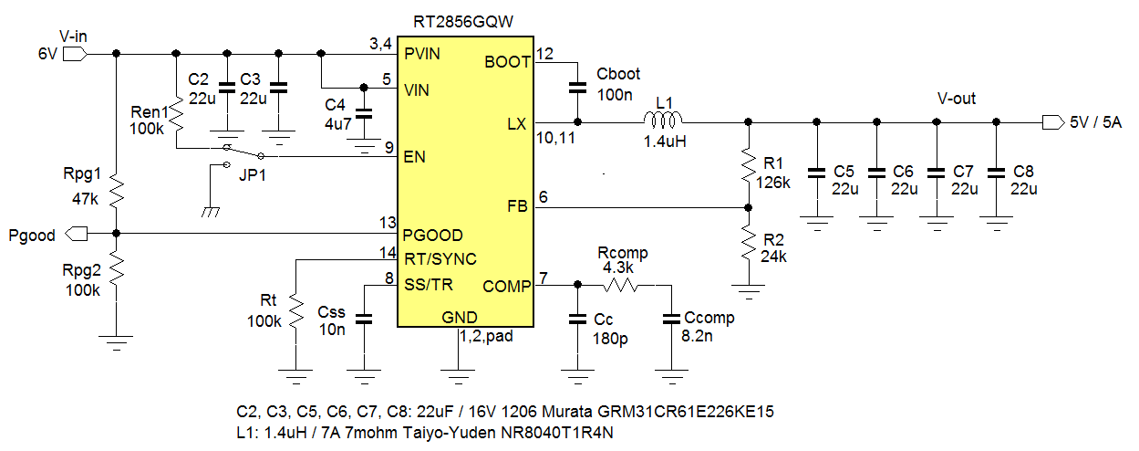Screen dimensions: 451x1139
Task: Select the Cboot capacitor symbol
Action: (576, 89)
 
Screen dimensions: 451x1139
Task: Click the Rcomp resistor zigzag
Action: (622, 285)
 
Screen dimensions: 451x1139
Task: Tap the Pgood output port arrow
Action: (76, 235)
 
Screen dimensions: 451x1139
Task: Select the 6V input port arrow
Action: (76, 54)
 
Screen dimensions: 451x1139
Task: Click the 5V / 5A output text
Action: (1095, 122)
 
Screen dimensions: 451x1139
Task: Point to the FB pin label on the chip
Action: (517, 207)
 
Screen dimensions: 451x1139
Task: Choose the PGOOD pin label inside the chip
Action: (433, 235)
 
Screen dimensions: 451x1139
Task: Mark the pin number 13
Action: (388, 222)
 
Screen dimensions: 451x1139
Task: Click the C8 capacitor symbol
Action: (996, 171)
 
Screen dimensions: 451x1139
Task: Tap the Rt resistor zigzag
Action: (295, 310)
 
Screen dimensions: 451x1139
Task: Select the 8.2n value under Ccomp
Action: (700, 336)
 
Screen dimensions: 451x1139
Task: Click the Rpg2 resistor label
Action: (80, 272)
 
